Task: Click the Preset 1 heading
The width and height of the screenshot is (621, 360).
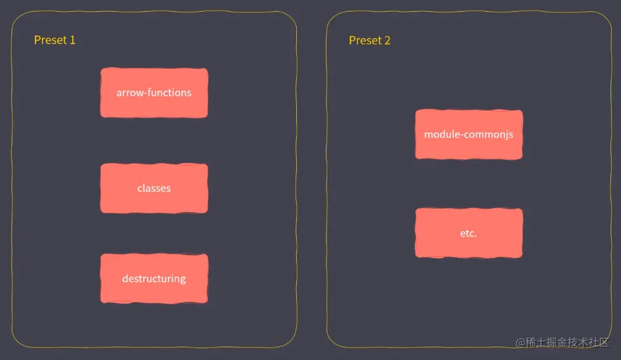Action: coord(55,40)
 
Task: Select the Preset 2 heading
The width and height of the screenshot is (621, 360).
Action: coord(370,40)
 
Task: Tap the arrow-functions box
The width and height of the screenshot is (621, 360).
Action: coord(154,93)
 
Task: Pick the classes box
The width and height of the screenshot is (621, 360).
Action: coord(154,188)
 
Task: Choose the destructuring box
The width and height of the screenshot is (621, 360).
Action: coord(154,278)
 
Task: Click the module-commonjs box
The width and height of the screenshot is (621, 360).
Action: coord(469,134)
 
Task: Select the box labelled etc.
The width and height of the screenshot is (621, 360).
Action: coord(469,233)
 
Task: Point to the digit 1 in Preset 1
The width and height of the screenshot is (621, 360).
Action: coord(72,40)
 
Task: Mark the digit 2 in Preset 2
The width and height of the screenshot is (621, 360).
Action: coord(387,40)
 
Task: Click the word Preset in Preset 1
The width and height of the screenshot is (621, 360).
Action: coord(50,40)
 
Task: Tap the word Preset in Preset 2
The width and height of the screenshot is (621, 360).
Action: coord(365,40)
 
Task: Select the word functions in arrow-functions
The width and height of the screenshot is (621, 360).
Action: coord(170,93)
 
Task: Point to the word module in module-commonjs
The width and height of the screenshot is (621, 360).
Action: coord(440,134)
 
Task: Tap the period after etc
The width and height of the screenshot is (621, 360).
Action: coord(476,236)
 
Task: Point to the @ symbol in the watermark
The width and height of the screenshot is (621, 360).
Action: coord(521,343)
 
